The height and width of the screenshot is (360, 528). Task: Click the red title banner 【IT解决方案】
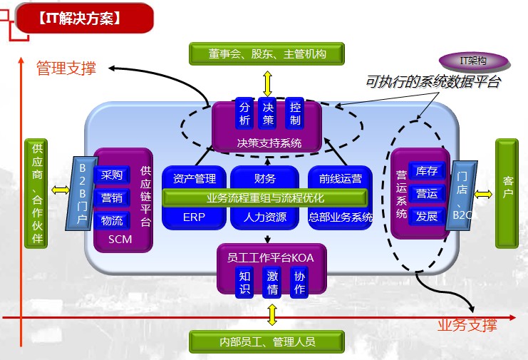[85, 19]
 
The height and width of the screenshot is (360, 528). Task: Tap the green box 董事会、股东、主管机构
[266, 53]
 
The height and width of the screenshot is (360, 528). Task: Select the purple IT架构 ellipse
[473, 61]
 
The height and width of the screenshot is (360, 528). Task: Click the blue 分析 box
[244, 113]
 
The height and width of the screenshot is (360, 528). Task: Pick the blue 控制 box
[295, 113]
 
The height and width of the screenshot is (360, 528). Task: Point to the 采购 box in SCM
[112, 175]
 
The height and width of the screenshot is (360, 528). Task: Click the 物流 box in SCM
[112, 221]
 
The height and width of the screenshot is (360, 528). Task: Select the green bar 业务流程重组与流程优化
[265, 197]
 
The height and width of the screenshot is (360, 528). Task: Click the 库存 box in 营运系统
[427, 171]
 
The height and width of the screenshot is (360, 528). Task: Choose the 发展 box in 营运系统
[427, 216]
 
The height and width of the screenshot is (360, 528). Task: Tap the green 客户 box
[507, 194]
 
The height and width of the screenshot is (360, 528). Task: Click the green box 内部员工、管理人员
[266, 341]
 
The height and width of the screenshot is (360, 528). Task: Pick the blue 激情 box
[271, 283]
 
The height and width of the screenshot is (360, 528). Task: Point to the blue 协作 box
[299, 283]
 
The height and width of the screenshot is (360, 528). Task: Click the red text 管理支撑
[66, 68]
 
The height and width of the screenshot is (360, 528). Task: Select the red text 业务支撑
[467, 325]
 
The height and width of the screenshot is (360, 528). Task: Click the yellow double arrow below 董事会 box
[267, 83]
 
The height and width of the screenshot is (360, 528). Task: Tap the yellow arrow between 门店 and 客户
[483, 195]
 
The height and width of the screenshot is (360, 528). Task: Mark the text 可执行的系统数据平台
[433, 82]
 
